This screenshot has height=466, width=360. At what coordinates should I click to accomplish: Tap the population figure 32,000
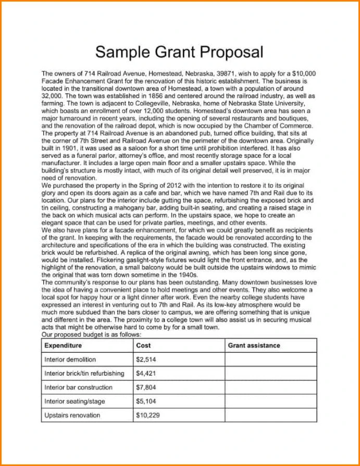(52, 96)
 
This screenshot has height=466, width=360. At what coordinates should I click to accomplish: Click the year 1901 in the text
(65, 148)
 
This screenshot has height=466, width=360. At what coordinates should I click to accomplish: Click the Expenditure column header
(63, 345)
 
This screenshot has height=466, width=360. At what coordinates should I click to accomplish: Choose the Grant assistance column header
(254, 345)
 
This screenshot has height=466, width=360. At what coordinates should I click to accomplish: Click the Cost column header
(143, 345)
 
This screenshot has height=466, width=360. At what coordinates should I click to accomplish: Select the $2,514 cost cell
(146, 359)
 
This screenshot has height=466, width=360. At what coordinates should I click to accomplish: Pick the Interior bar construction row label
(78, 387)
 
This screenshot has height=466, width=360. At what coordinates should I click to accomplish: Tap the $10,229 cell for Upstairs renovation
(147, 415)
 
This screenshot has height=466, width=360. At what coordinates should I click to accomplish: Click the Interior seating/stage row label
(75, 401)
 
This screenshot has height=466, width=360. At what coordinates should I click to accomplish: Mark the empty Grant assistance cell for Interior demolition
(270, 359)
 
